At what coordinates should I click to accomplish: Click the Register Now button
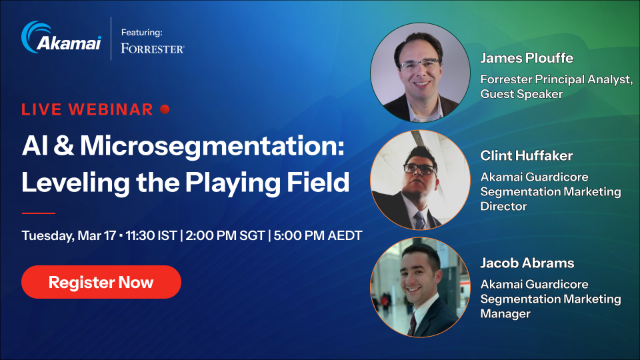pyautogui.click(x=101, y=282)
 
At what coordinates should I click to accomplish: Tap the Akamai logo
pyautogui.click(x=59, y=40)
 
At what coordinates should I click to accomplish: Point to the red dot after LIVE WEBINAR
pyautogui.click(x=165, y=108)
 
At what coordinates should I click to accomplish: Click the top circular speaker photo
pyautogui.click(x=420, y=72)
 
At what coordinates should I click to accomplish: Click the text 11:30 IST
pyautogui.click(x=156, y=237)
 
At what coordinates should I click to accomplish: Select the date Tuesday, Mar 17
pyautogui.click(x=72, y=237)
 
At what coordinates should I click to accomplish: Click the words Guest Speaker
pyautogui.click(x=523, y=94)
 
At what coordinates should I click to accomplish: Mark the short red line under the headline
pyautogui.click(x=38, y=213)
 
